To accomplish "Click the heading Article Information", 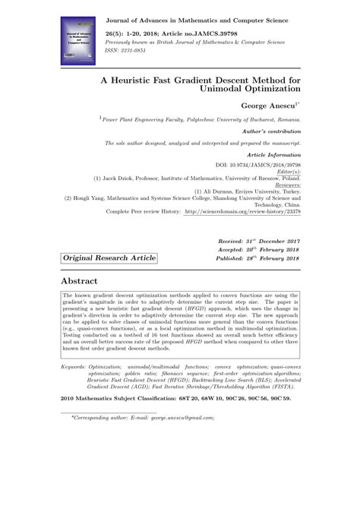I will pyautogui.click(x=269, y=153).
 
